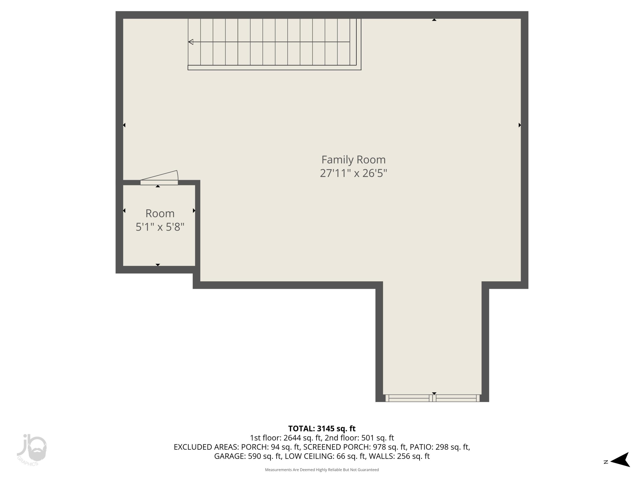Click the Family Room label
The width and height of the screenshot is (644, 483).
[x=353, y=159]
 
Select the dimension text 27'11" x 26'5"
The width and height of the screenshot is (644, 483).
[x=353, y=173]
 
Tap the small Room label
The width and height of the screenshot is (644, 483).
[x=160, y=213]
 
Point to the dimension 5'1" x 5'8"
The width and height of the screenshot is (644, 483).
[x=160, y=227]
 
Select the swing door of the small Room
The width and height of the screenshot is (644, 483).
[x=159, y=178]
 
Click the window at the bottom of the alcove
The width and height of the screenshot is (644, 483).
[x=432, y=398]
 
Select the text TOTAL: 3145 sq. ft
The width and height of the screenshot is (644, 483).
[x=322, y=428]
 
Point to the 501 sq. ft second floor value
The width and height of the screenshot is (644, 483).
[x=377, y=438]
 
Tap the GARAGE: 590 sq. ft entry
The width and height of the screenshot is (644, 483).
[x=248, y=456]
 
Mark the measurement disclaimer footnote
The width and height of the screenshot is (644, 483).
[x=322, y=470]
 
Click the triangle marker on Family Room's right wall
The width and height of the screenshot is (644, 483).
[x=520, y=125]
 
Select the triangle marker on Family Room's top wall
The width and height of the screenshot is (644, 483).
[x=434, y=20]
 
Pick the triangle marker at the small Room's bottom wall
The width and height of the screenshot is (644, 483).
[x=158, y=265]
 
